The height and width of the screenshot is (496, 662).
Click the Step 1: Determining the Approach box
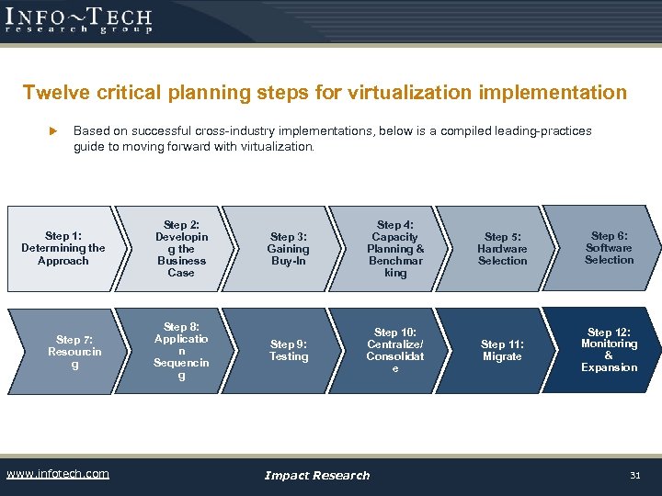point(63,249)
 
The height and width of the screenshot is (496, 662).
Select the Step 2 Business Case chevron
point(180,249)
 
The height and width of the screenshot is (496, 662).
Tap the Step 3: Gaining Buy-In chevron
point(288,249)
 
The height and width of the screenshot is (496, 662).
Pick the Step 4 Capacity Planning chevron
point(395,249)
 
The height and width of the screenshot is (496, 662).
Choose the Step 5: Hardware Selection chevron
point(502,249)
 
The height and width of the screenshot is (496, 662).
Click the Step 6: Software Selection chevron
point(609,248)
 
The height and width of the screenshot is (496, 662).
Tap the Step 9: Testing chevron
point(288,350)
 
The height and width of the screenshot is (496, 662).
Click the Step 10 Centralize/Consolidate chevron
point(395,350)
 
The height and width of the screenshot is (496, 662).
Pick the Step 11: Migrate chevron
point(502,350)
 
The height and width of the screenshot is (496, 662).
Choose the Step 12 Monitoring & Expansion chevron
point(609,350)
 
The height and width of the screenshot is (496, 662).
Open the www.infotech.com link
point(57,474)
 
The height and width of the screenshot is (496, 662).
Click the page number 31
point(633,475)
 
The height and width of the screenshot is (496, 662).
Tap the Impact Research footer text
point(316,475)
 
